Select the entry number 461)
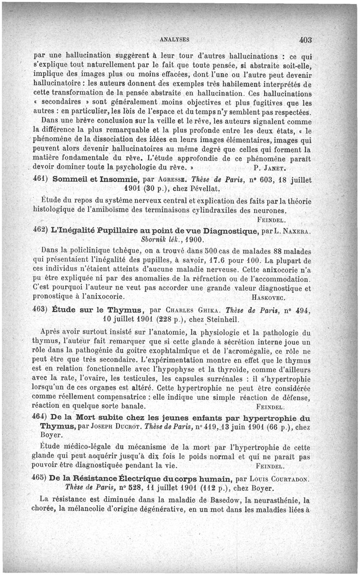tap(41, 179)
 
